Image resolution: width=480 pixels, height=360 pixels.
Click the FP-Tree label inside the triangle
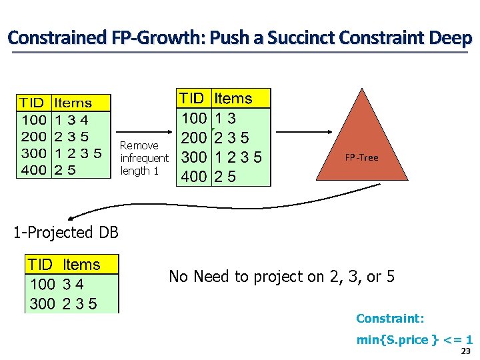pos(361,158)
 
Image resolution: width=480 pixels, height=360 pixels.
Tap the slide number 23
pos(466,351)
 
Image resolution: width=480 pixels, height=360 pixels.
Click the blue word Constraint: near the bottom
pos(390,319)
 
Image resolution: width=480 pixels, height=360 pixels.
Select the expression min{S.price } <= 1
pos(414,340)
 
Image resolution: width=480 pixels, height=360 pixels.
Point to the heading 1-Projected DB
pos(66,233)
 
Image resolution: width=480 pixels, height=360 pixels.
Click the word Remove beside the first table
pos(139,145)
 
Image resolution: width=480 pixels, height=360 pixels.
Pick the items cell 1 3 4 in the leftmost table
pos(71,120)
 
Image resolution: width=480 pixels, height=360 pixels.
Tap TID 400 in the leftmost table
pos(34,170)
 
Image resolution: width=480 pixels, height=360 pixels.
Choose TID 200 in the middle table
pos(193,138)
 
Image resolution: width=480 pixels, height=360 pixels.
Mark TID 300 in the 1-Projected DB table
pos(42,304)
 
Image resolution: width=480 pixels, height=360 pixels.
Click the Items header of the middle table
pos(233,99)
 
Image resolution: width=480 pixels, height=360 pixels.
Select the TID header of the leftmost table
pos(32,103)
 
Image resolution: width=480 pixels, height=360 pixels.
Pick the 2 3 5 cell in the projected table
pos(79,304)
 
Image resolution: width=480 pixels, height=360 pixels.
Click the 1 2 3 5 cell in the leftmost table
pos(78,153)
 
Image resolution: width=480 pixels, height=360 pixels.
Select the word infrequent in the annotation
pos(144,158)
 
